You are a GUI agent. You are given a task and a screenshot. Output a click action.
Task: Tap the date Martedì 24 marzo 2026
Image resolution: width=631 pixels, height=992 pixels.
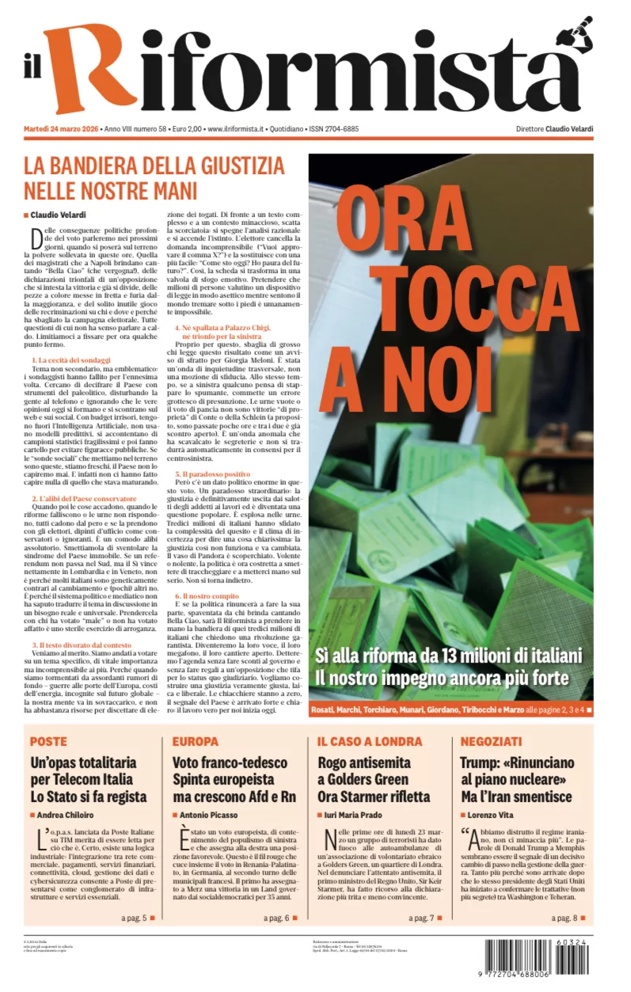point(60,129)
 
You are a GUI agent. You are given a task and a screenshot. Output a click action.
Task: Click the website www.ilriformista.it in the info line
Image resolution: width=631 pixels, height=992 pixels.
point(235,129)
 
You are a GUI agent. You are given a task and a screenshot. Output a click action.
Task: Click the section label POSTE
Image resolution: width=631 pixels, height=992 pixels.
point(48,742)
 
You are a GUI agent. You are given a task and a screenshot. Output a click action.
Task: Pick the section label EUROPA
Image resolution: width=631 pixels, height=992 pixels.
point(195,742)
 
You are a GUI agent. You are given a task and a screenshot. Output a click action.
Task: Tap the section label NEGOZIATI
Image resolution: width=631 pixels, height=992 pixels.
point(491,742)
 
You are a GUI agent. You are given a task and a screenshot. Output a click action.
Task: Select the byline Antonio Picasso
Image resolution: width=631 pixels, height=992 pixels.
point(208,815)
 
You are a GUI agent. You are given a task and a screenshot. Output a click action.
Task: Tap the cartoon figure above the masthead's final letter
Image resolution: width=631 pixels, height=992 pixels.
point(575,32)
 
